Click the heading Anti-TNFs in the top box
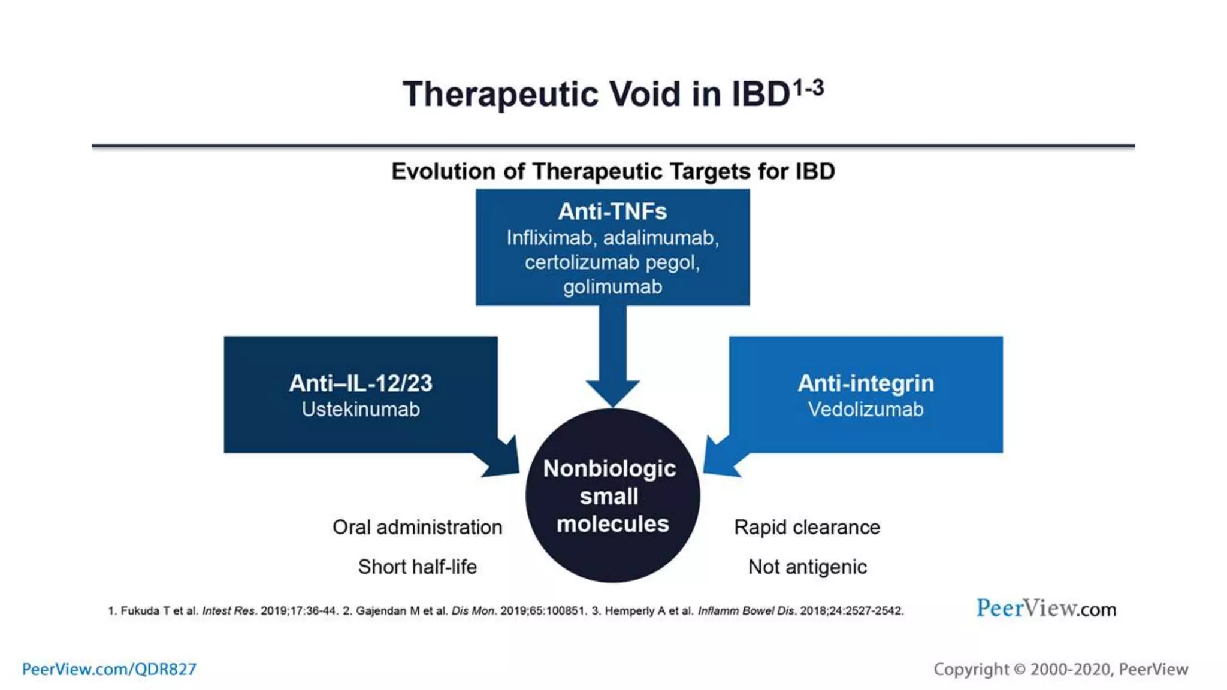tap(612, 211)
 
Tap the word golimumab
tap(612, 287)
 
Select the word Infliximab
tap(549, 238)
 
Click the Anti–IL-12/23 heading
tap(360, 383)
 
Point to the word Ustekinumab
tap(360, 410)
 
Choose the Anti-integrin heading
tap(865, 383)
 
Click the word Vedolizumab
tap(865, 410)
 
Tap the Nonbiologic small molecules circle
tap(612, 496)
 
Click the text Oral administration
tap(417, 528)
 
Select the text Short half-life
tap(417, 567)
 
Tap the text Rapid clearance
tap(807, 528)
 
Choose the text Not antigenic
tap(807, 567)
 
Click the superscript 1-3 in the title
tap(808, 89)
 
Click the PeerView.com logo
tap(1046, 609)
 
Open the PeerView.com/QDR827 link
tap(109, 669)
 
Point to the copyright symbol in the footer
tap(1019, 670)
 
